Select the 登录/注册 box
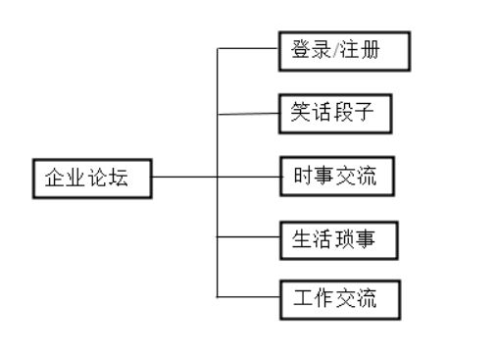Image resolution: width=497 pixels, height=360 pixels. click(x=343, y=51)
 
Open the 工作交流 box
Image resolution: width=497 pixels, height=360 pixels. click(x=341, y=299)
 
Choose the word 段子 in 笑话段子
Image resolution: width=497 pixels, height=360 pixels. click(x=362, y=115)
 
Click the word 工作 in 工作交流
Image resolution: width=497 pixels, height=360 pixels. click(x=315, y=299)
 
